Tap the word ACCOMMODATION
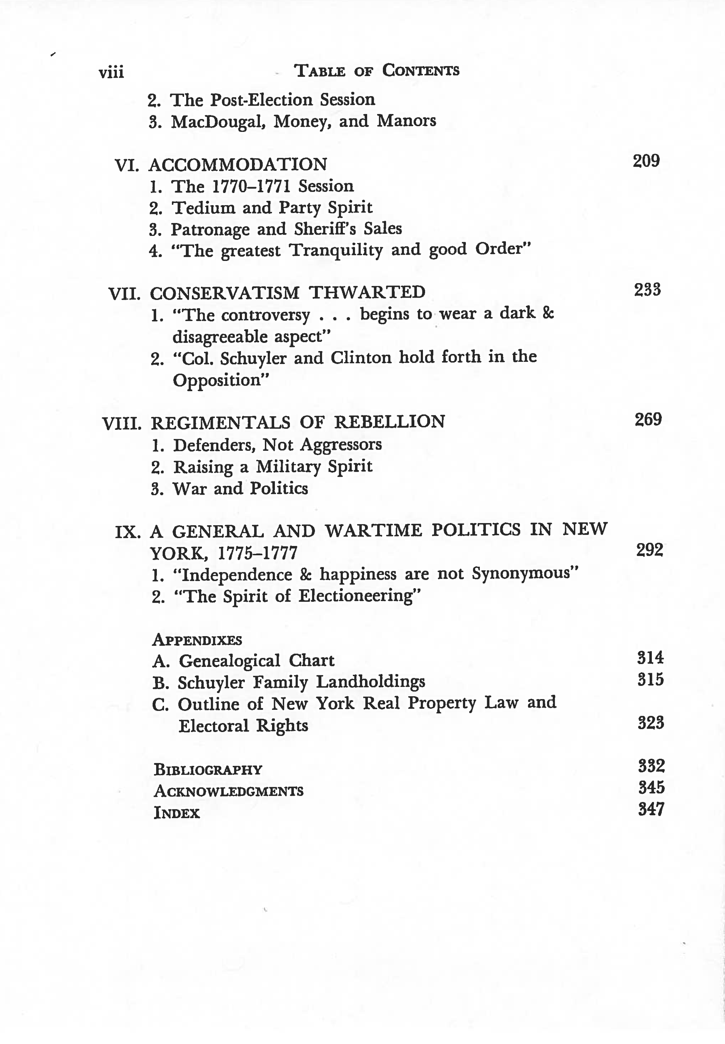[238, 165]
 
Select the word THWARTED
[367, 292]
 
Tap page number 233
[647, 290]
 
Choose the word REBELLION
[389, 422]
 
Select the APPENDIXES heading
[197, 640]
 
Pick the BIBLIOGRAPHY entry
[208, 769]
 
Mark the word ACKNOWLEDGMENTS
[228, 791]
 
